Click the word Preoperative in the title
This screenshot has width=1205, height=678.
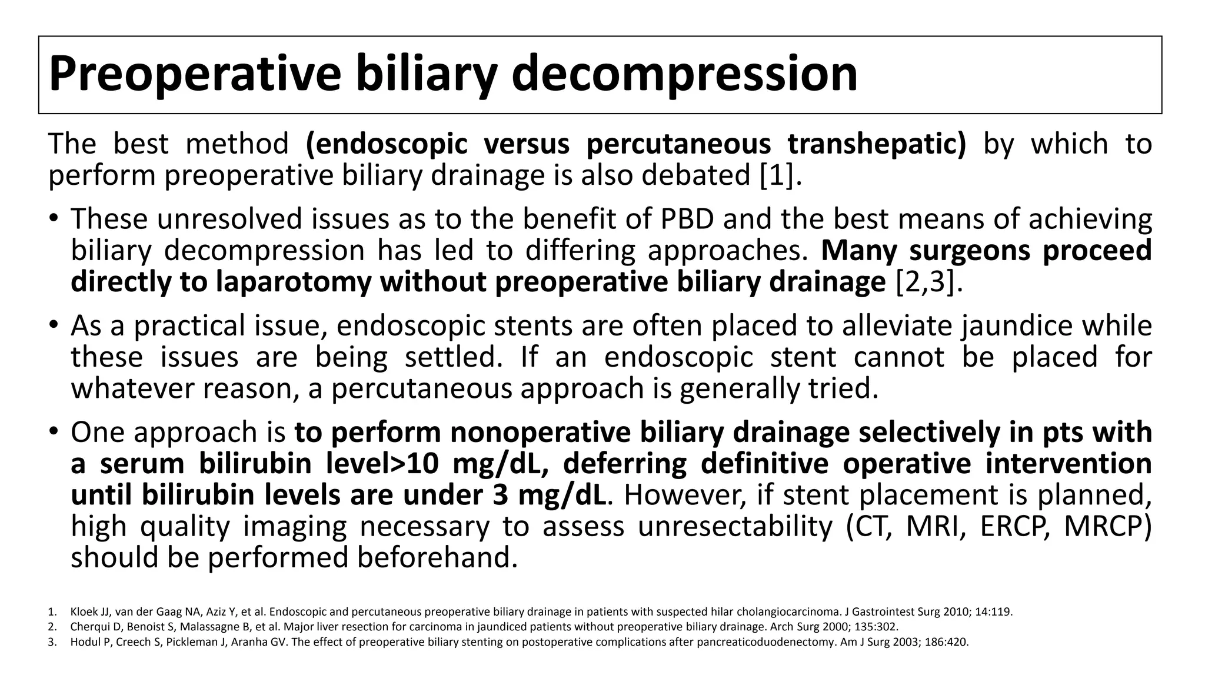click(194, 74)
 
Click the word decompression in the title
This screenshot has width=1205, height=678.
click(684, 74)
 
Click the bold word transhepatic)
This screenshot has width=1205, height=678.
click(877, 144)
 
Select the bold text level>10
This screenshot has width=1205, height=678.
click(382, 464)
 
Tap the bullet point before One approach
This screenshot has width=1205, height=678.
click(54, 432)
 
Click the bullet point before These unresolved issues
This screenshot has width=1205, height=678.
click(54, 219)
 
